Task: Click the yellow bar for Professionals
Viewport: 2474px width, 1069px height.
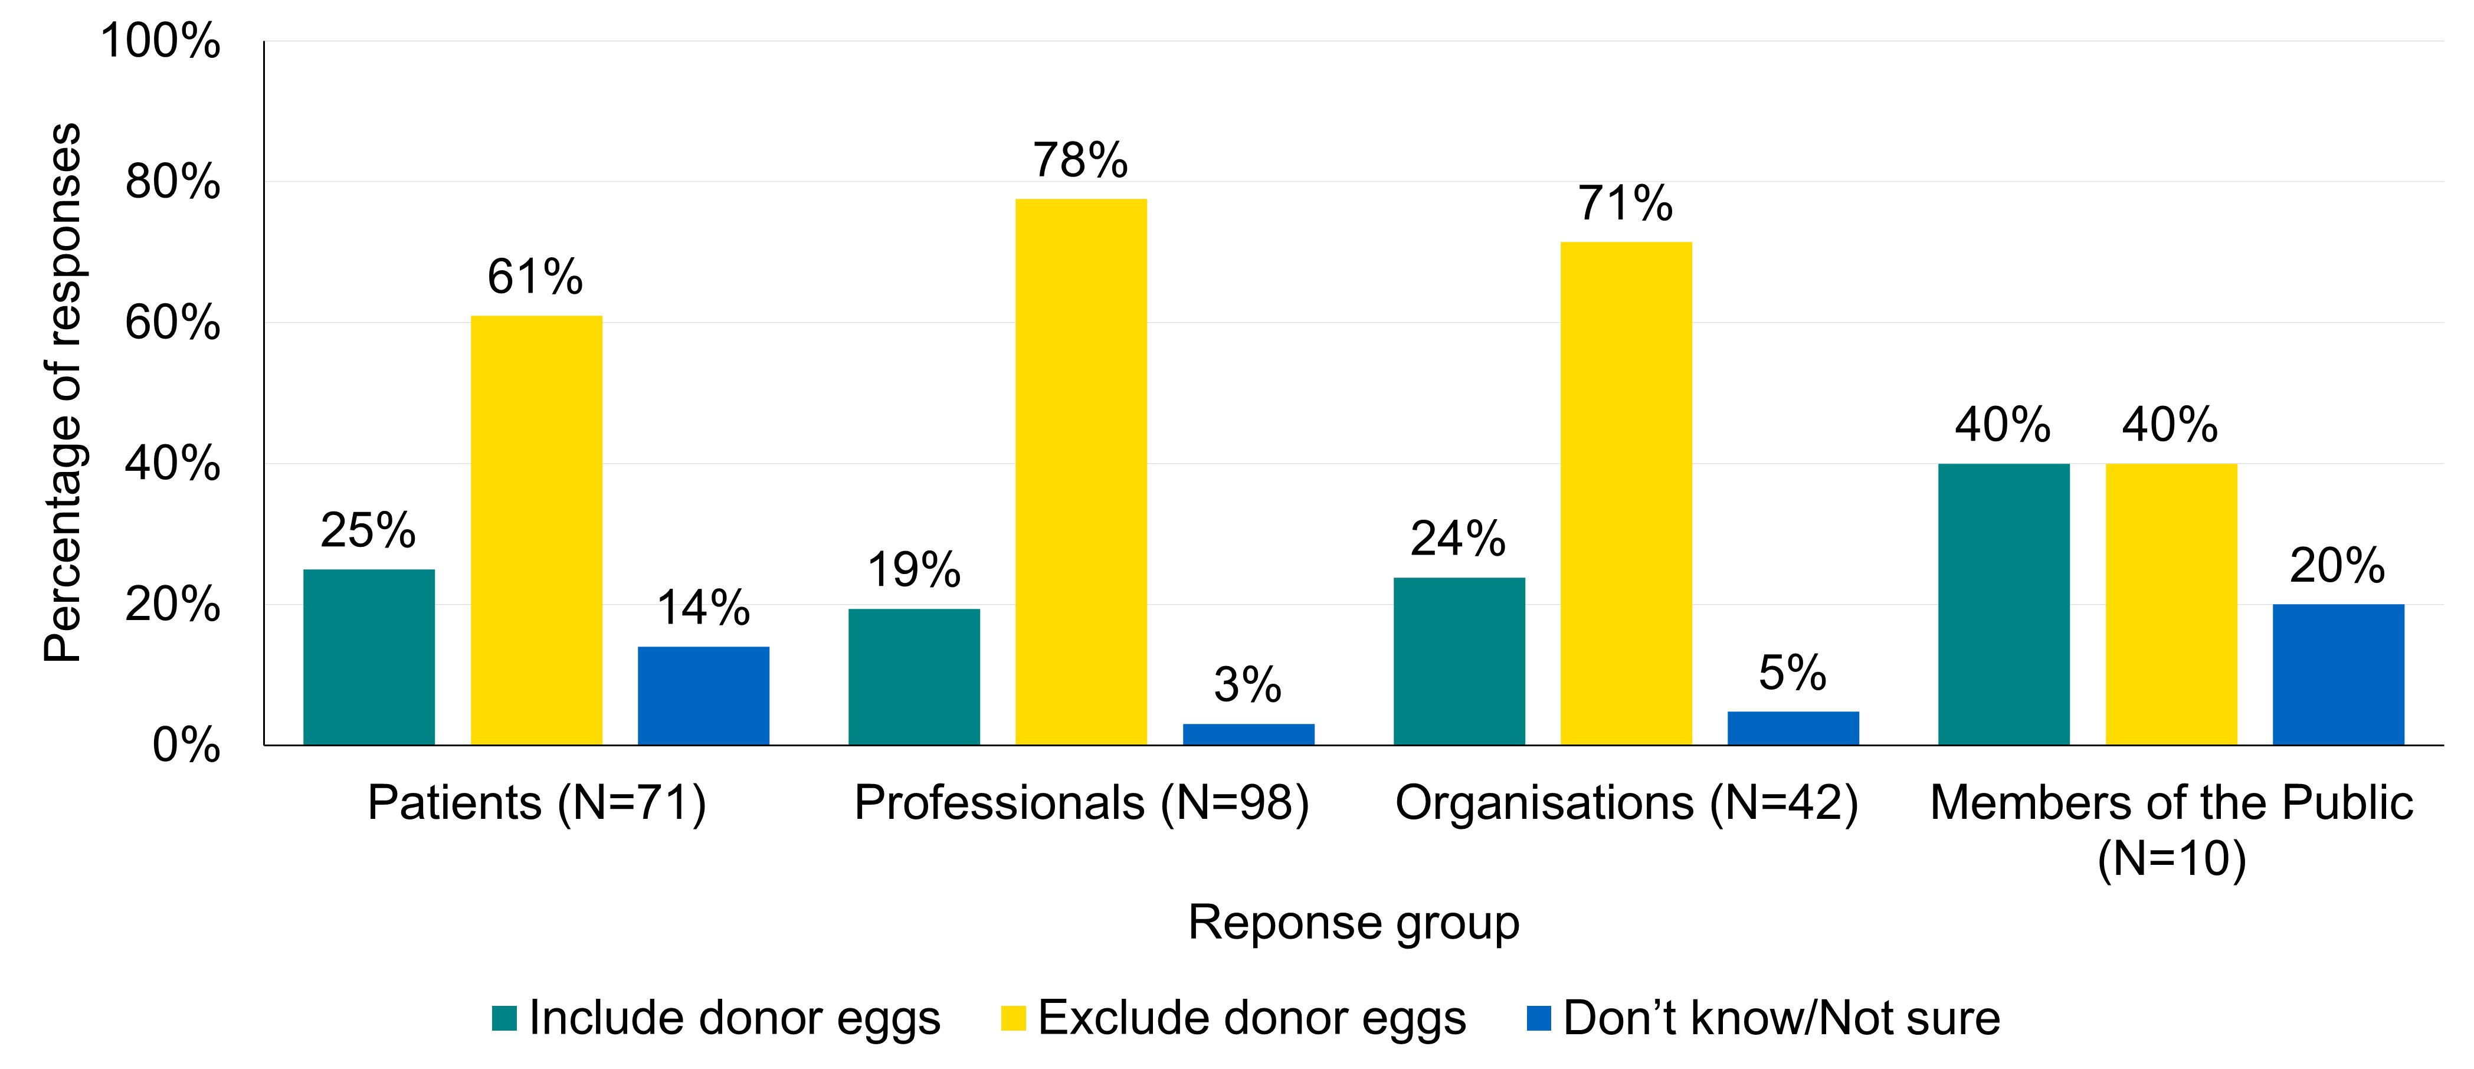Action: [x=1080, y=471]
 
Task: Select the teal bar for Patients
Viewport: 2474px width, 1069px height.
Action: [x=369, y=657]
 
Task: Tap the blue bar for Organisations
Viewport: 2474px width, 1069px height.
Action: [x=1793, y=728]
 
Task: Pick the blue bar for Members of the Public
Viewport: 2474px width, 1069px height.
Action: [x=2338, y=674]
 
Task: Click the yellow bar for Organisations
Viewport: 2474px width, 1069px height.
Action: [x=1626, y=493]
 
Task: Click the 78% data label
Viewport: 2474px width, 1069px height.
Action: [x=1080, y=160]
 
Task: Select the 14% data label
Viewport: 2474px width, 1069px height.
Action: [x=703, y=608]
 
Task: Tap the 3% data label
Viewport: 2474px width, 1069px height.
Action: [x=1247, y=685]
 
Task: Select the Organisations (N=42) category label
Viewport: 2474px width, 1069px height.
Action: [x=1626, y=803]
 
